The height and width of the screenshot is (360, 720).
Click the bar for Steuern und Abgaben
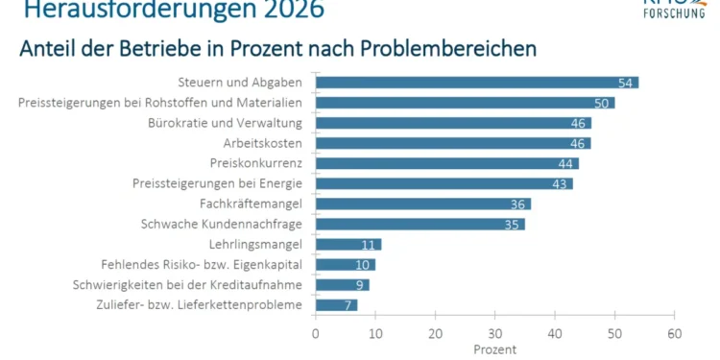coord(475,83)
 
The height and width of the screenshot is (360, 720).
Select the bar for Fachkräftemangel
coord(422,204)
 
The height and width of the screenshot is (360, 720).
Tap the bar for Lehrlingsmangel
coord(348,244)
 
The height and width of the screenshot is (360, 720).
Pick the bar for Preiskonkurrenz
coord(446,163)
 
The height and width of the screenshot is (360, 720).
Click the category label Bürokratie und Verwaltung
coord(226,123)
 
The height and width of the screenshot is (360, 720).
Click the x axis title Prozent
coord(494,348)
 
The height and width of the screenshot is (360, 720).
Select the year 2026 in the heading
coord(282,11)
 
